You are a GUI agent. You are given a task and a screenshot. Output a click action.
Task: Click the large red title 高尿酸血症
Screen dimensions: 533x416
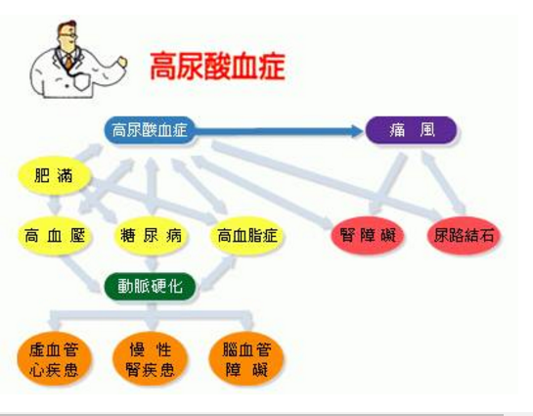[217, 67]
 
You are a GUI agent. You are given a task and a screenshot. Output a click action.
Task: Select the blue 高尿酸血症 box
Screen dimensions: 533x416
[150, 130]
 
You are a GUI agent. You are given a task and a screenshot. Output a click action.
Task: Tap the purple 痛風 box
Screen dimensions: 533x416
[411, 130]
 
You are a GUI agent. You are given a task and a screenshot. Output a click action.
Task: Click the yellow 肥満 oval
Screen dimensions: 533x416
[55, 175]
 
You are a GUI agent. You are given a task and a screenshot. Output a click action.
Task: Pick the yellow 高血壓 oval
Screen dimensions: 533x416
[55, 236]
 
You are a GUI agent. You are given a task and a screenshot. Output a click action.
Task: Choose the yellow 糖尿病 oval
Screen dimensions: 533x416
[151, 236]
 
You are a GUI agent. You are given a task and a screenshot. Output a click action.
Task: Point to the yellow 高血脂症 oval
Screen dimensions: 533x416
[246, 236]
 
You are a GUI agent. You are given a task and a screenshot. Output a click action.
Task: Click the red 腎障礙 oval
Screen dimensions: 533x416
[368, 236]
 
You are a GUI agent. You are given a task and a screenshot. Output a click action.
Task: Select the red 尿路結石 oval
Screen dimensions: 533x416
[464, 236]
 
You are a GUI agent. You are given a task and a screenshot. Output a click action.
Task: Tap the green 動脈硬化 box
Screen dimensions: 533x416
[150, 287]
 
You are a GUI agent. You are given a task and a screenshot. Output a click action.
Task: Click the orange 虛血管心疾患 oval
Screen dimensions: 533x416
[55, 360]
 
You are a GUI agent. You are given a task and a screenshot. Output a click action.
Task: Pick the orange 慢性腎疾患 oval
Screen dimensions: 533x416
[151, 360]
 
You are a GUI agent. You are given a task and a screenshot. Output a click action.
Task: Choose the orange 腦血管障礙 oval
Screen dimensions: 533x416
[246, 360]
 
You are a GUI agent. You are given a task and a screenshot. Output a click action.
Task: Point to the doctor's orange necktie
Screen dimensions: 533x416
[69, 62]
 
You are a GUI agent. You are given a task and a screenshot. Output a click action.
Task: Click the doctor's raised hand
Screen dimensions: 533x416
[121, 62]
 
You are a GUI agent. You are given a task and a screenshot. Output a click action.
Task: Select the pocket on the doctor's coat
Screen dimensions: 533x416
[82, 81]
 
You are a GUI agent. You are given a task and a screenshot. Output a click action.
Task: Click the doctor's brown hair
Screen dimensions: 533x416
[67, 26]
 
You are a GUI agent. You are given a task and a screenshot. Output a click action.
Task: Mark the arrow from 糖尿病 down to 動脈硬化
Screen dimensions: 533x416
[151, 262]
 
